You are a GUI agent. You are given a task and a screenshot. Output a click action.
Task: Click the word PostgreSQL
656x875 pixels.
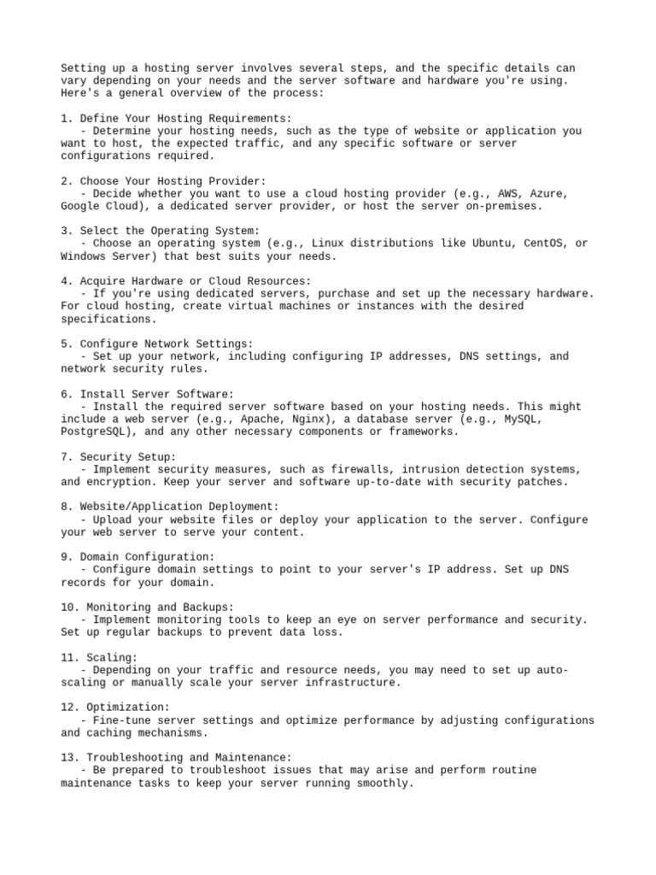click(x=92, y=432)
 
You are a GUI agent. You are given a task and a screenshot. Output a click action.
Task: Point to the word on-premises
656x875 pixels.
click(x=504, y=206)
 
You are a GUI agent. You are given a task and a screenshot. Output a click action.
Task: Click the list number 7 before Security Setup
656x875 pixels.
click(x=64, y=457)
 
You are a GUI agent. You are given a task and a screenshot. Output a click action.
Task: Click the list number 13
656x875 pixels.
click(x=67, y=757)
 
